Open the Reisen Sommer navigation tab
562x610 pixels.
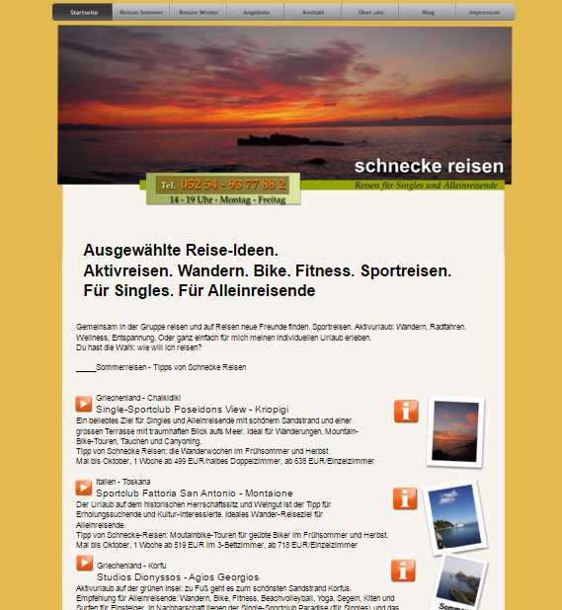[x=140, y=12]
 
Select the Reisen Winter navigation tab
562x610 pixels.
[x=198, y=12]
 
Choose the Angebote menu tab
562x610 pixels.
[x=256, y=12]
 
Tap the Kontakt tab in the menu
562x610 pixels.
[x=313, y=12]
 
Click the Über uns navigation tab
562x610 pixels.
[x=371, y=12]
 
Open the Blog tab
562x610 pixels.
[x=428, y=12]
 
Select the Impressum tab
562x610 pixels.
[x=485, y=12]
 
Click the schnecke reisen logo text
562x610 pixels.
[x=429, y=166]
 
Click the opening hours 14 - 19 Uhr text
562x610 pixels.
[x=226, y=199]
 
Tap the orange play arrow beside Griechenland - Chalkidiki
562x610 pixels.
[x=84, y=404]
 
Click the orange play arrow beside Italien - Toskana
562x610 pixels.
[x=84, y=487]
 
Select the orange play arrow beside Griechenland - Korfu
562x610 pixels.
[x=84, y=563]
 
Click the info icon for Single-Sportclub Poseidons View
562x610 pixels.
[x=405, y=411]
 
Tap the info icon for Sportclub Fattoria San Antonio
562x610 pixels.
[x=405, y=497]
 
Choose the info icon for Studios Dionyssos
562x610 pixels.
[x=403, y=571]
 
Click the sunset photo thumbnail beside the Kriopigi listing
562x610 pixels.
[x=454, y=430]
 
